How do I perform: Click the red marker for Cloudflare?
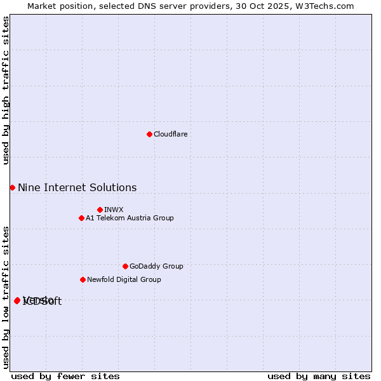pyautogui.click(x=149, y=134)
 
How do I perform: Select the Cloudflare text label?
pyautogui.click(x=170, y=134)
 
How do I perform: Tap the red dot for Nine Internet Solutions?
pyautogui.click(x=12, y=187)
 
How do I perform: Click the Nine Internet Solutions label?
pyautogui.click(x=77, y=187)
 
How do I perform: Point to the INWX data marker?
pyautogui.click(x=100, y=210)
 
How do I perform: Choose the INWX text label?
pyautogui.click(x=114, y=210)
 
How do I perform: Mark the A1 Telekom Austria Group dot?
pyautogui.click(x=81, y=218)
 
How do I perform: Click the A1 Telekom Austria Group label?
pyautogui.click(x=130, y=218)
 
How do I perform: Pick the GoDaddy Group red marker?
pyautogui.click(x=125, y=266)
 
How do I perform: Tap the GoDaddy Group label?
pyautogui.click(x=156, y=266)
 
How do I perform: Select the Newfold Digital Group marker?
pyautogui.click(x=83, y=279)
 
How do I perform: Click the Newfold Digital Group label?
pyautogui.click(x=124, y=279)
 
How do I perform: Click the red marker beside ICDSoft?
pyautogui.click(x=17, y=300)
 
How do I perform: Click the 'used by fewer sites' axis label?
pyautogui.click(x=65, y=376)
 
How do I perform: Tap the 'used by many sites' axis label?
pyautogui.click(x=319, y=376)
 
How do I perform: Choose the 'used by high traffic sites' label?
pyautogui.click(x=6, y=90)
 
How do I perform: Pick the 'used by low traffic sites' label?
pyautogui.click(x=6, y=297)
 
